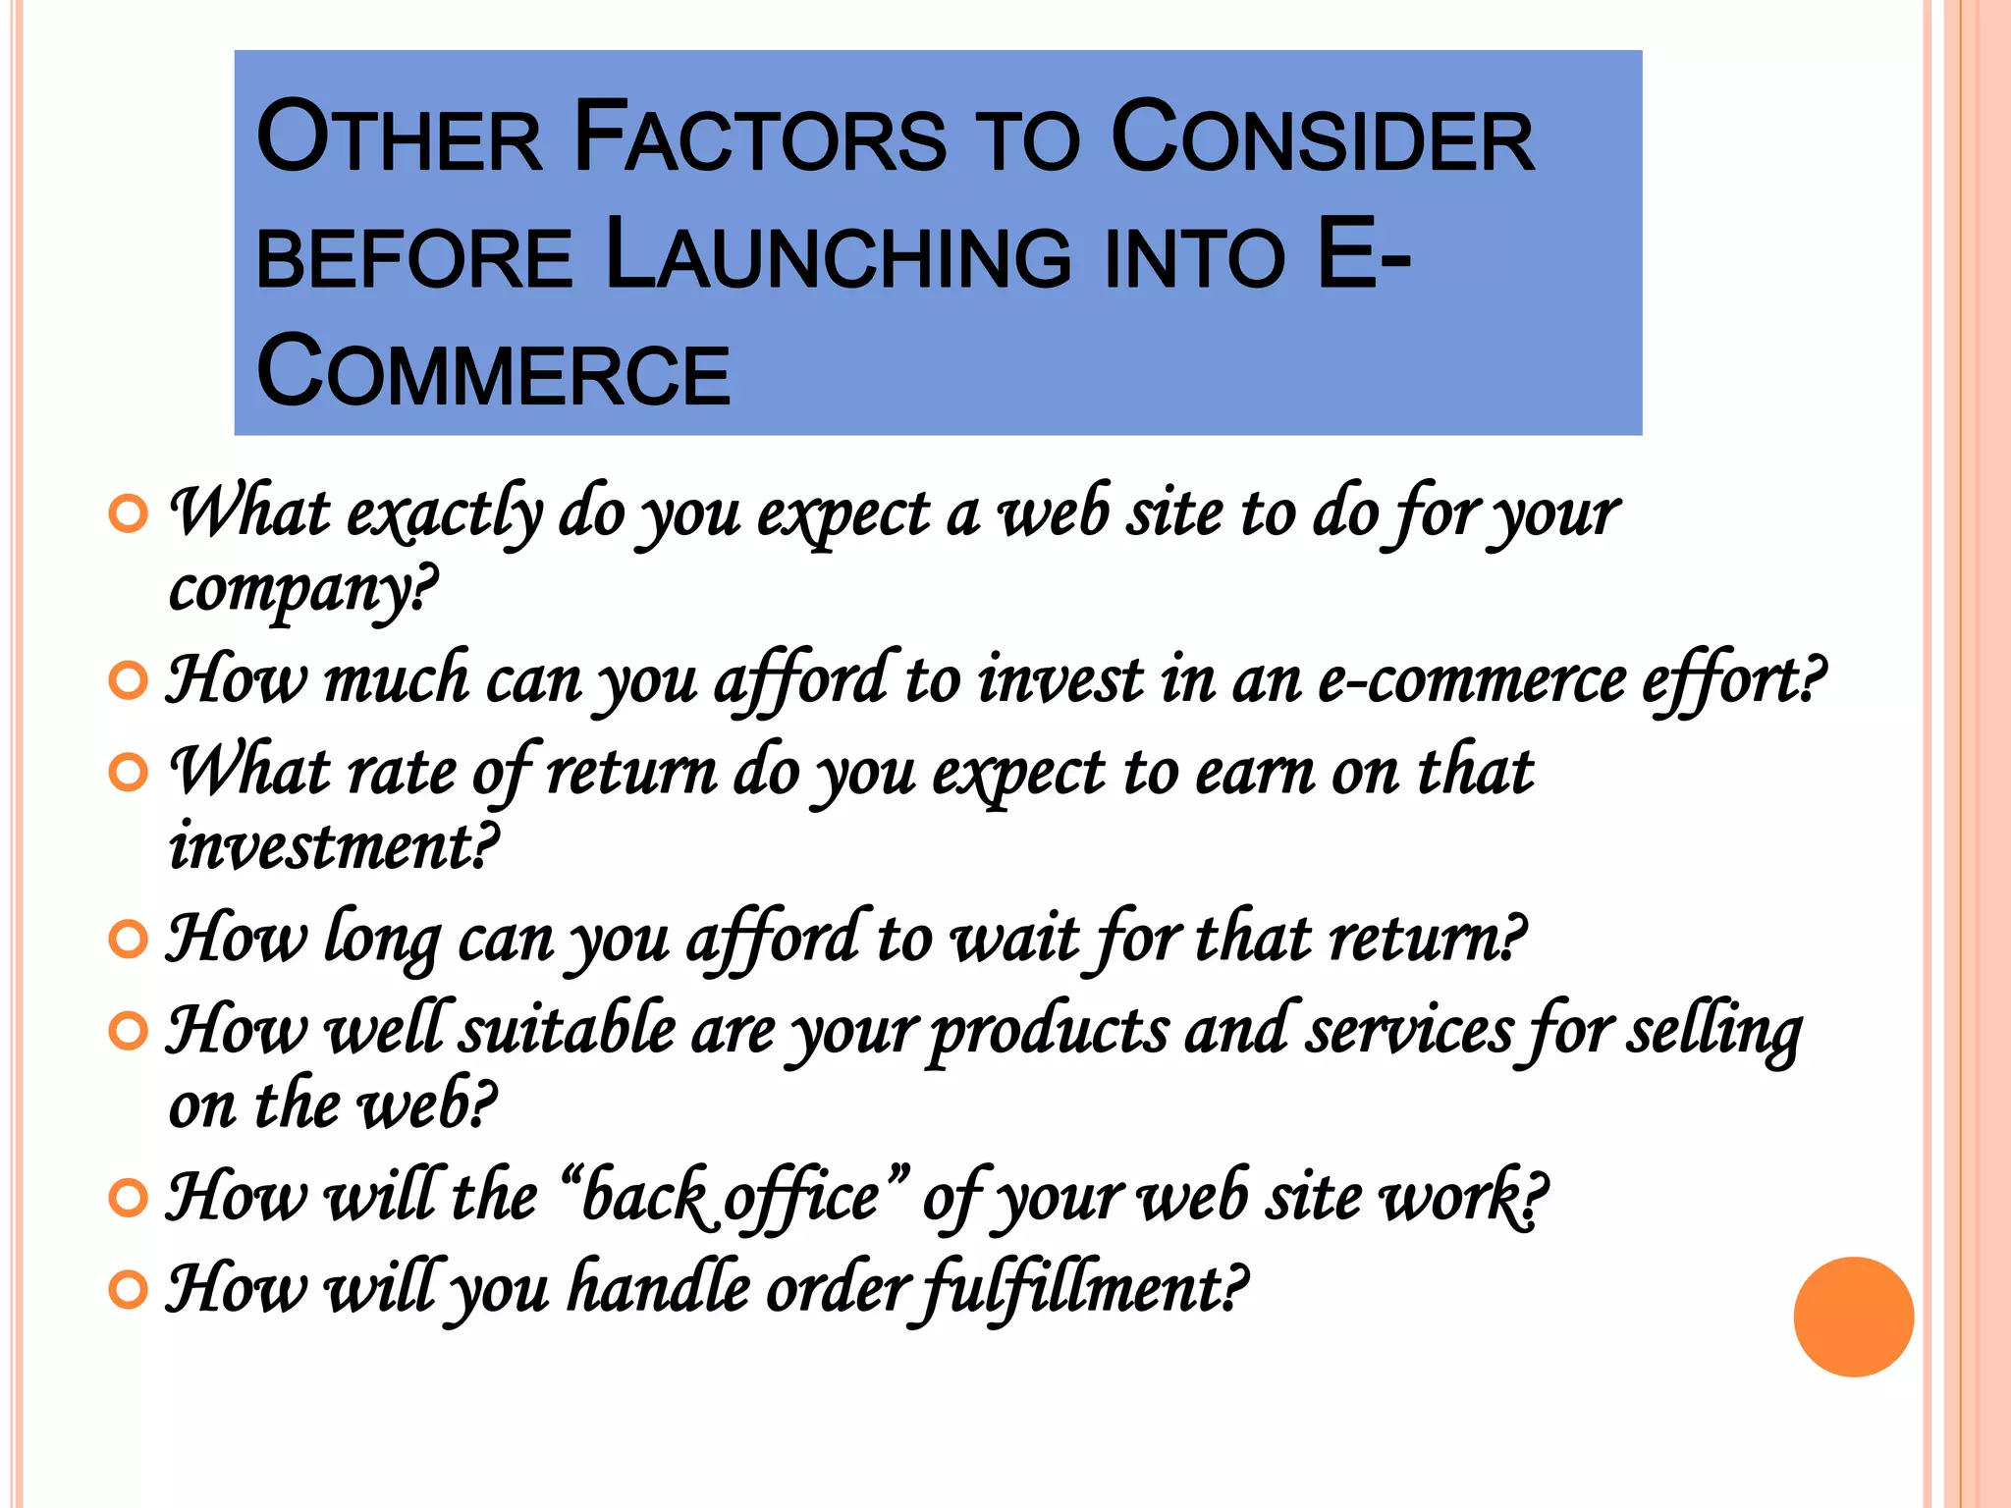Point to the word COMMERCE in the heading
(493, 373)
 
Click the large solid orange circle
(1853, 1317)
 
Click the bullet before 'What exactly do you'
(129, 513)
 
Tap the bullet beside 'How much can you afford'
(129, 680)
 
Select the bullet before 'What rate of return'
(129, 773)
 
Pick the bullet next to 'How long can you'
(129, 940)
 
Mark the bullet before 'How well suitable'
(129, 1032)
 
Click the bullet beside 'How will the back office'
(129, 1199)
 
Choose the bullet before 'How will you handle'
(129, 1289)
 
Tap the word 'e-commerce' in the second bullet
(1471, 680)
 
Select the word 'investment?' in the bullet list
(334, 846)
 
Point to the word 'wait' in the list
(1016, 940)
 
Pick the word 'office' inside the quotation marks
(800, 1199)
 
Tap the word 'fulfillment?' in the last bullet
(1078, 1289)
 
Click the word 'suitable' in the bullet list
(569, 1032)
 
